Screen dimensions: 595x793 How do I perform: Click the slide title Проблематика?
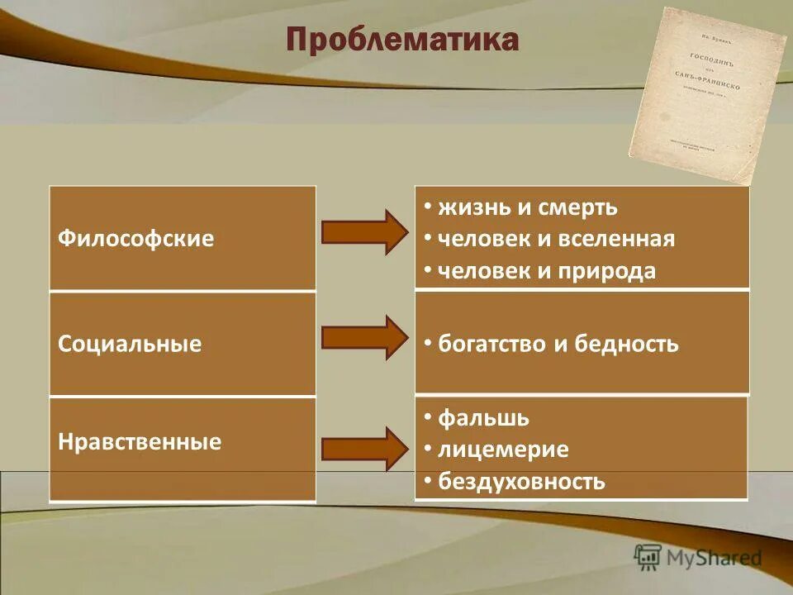402,40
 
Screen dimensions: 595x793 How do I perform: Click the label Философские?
136,239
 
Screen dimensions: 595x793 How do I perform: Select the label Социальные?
130,344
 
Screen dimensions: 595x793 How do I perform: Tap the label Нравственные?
140,441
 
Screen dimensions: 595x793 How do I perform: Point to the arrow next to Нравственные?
363,449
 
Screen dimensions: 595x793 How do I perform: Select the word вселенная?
623,239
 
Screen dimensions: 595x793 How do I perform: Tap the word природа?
610,271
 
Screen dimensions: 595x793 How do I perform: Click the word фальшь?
483,418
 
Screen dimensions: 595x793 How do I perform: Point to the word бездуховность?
521,481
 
